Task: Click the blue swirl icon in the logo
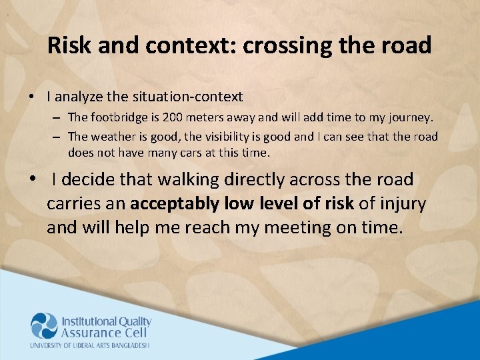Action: (44, 326)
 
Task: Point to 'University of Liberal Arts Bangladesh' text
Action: (89, 345)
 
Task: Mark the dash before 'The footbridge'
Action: (58, 117)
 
